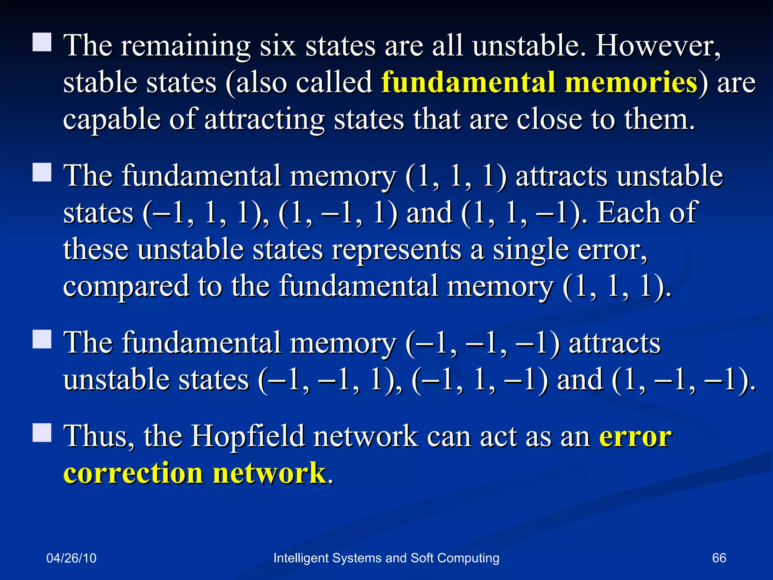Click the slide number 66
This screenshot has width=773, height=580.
click(719, 558)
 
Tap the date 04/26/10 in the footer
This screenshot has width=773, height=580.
click(71, 558)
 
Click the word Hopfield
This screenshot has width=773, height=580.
click(248, 436)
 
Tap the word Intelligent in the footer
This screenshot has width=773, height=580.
click(300, 558)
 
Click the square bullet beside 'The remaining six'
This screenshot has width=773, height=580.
click(42, 42)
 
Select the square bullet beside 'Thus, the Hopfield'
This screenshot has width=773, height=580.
click(42, 432)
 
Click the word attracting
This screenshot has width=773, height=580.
click(264, 119)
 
